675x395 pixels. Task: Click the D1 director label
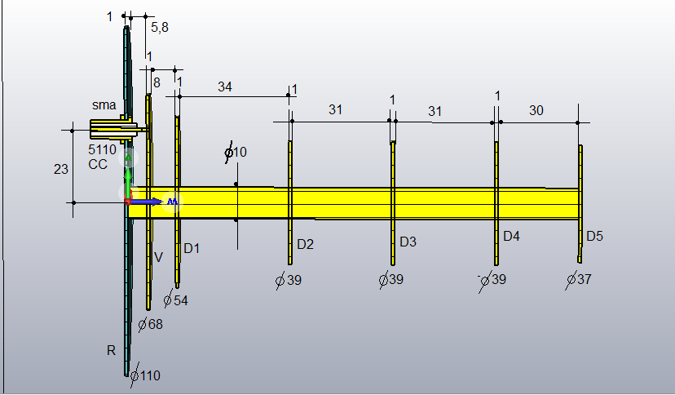pos(192,249)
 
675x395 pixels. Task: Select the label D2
pos(305,244)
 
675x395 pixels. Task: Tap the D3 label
pos(408,242)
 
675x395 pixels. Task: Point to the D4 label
pos(511,236)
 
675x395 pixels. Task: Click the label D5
pos(594,236)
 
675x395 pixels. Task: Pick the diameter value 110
pos(150,375)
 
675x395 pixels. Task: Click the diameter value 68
pos(156,324)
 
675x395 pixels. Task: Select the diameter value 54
pos(181,300)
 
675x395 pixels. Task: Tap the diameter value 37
pos(585,279)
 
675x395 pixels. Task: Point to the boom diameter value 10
pos(240,152)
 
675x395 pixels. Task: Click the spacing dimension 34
pos(225,87)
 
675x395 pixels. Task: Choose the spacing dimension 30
pos(536,111)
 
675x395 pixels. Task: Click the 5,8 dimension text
pos(159,28)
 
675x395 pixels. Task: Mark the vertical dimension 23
pos(60,169)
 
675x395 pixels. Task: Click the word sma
pos(104,105)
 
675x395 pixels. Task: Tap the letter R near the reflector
pos(111,351)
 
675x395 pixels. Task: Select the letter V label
pos(158,257)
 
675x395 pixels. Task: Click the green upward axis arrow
pos(128,176)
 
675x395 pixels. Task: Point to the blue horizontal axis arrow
pos(147,202)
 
